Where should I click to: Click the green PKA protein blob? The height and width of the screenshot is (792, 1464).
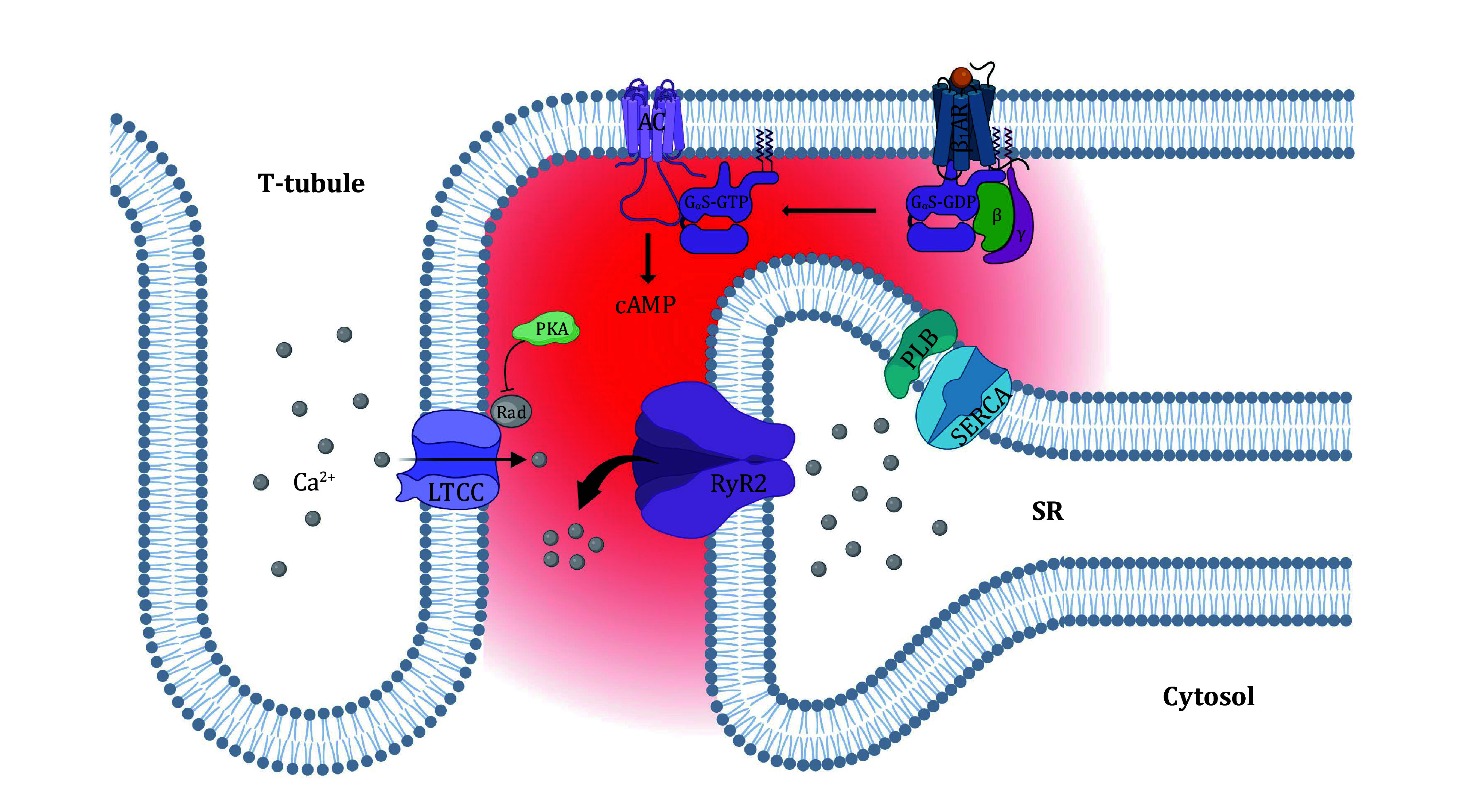(x=547, y=329)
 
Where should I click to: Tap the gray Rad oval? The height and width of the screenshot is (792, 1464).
(x=511, y=412)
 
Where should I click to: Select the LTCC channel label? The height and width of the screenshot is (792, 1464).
(x=456, y=492)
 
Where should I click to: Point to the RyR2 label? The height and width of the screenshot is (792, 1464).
(x=738, y=484)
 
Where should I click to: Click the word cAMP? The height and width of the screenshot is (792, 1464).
(x=645, y=305)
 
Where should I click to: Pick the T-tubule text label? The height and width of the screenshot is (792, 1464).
(x=311, y=183)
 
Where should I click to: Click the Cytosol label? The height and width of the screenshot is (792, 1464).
(x=1208, y=696)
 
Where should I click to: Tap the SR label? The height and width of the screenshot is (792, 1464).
(x=1047, y=512)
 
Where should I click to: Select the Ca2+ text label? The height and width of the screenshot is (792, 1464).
(x=313, y=482)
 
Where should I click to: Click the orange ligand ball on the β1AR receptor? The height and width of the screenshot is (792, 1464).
(x=961, y=76)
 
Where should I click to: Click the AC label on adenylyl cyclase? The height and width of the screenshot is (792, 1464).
(x=651, y=122)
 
